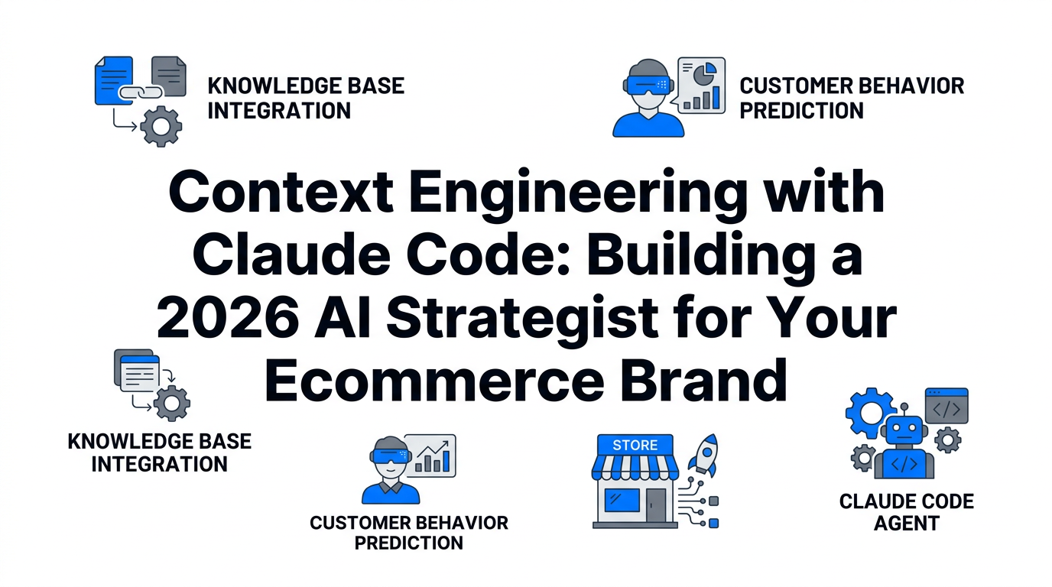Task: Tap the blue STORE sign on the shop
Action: [635, 445]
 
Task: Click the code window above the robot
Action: [946, 406]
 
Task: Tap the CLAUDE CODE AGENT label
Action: [906, 512]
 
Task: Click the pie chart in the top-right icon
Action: [703, 74]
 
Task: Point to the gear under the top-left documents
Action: [161, 126]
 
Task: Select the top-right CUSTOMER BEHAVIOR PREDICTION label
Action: [851, 97]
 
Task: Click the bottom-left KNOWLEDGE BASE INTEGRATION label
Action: [159, 452]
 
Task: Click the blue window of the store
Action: [622, 501]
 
